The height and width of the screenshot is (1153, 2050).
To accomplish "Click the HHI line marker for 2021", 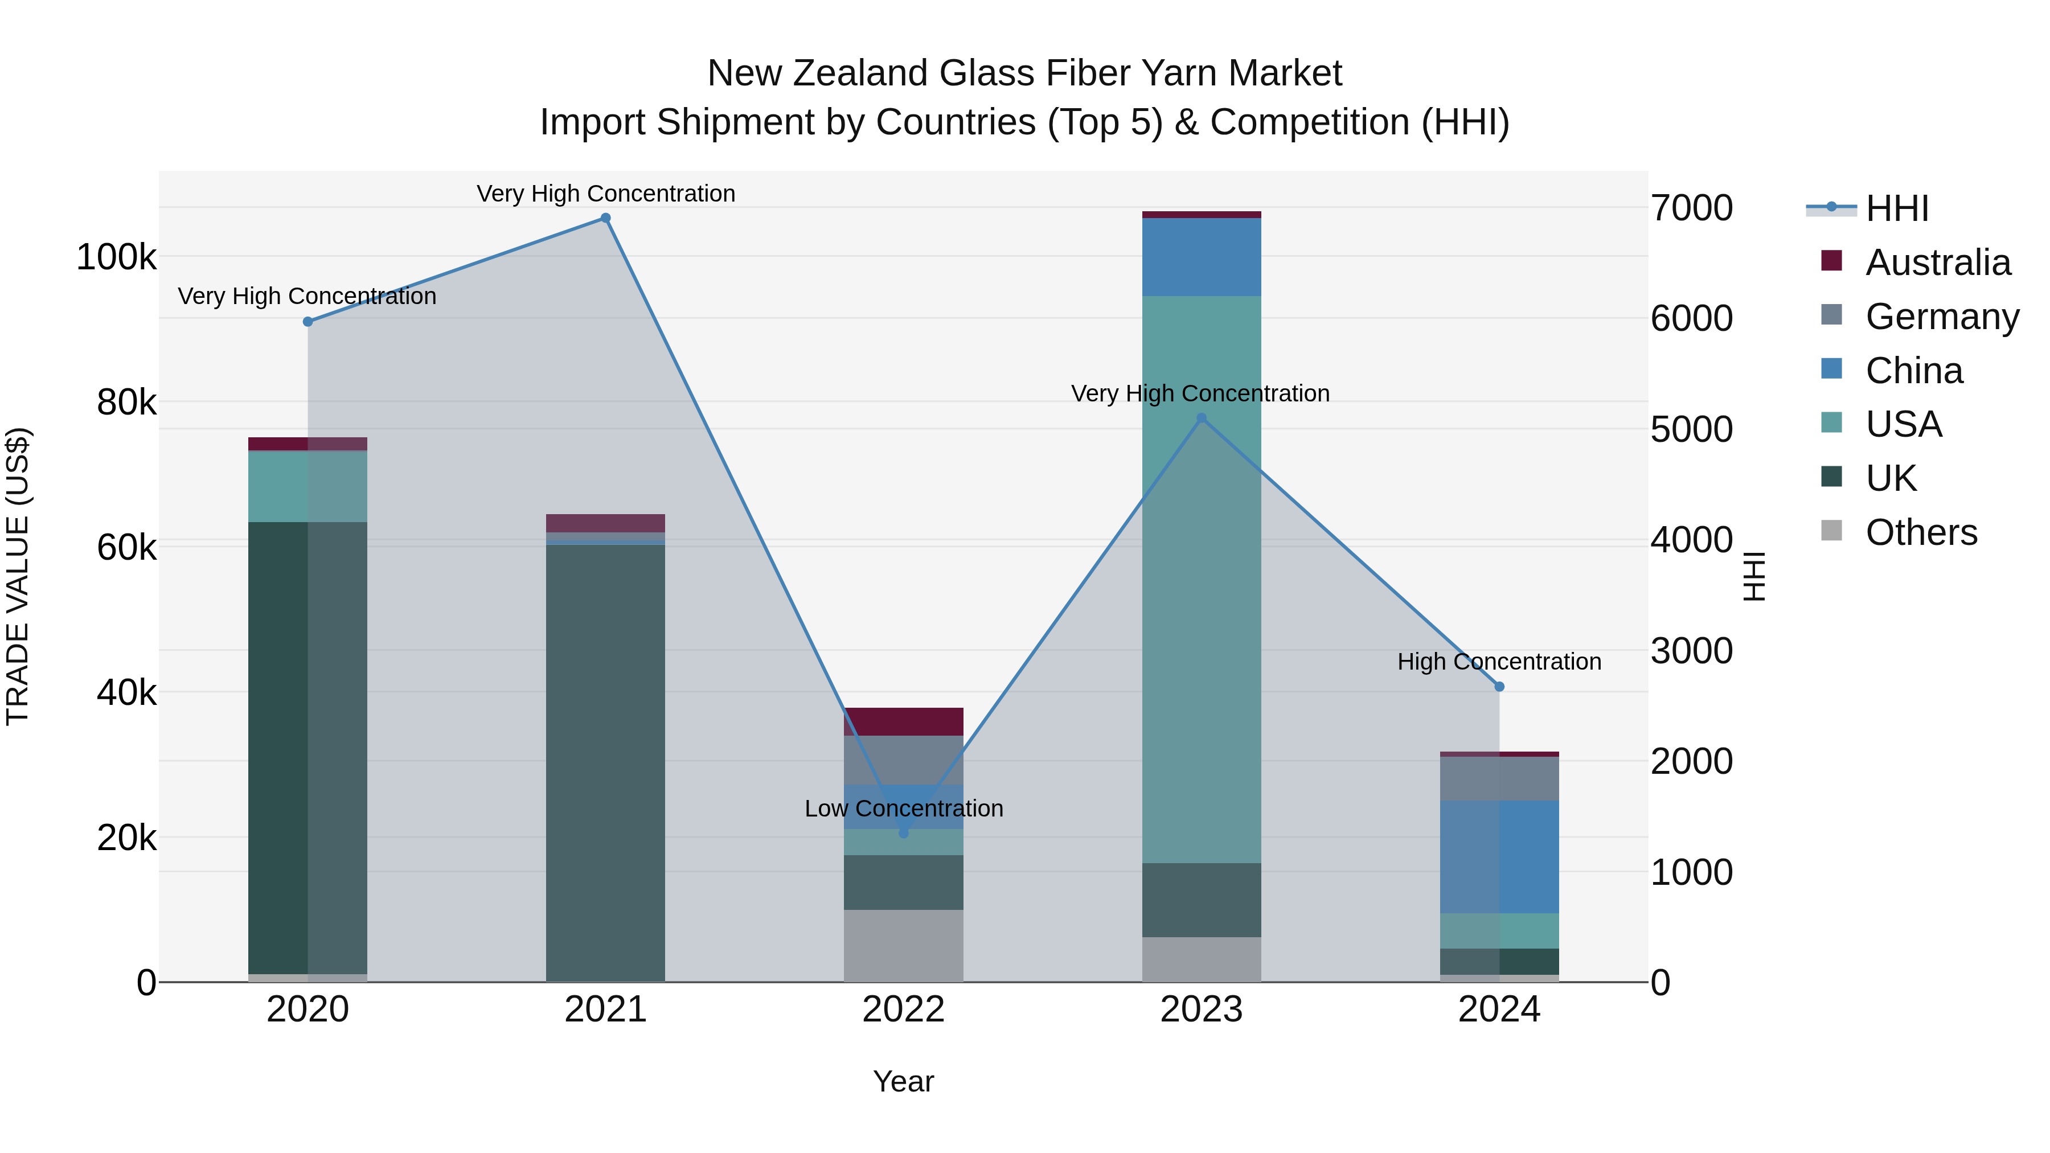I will click(x=606, y=218).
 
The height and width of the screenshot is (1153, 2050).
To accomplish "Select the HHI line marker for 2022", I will click(x=903, y=833).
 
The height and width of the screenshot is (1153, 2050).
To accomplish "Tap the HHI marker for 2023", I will click(x=1202, y=418).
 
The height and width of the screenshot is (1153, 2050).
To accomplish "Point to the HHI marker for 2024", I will click(x=1499, y=687).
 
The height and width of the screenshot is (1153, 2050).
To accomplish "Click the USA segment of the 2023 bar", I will click(x=1202, y=579).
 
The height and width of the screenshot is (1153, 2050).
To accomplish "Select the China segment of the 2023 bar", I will click(x=1202, y=257).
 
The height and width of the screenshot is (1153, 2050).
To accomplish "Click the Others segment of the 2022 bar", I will click(x=903, y=945).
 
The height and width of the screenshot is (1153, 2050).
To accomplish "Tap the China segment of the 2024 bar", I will click(x=1499, y=857).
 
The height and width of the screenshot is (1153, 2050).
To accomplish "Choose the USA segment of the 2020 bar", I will click(x=308, y=487).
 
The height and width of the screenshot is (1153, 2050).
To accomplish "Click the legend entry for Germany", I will click(x=1941, y=317).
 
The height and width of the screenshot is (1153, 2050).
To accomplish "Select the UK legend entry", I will click(x=1890, y=478).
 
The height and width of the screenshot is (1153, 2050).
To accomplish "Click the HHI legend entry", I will click(x=1896, y=208).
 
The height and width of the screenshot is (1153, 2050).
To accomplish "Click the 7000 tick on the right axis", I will click(x=1691, y=208).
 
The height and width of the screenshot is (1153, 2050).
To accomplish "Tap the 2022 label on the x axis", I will click(x=903, y=1010).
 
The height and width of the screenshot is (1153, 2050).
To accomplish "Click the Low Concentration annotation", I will click(x=903, y=809).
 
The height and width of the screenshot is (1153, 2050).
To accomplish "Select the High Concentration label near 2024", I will click(x=1499, y=662).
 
